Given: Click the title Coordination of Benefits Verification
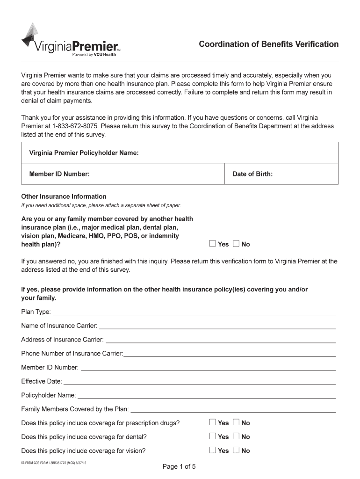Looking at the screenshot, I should point(268,44).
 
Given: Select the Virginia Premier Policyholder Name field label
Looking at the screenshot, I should point(84,153).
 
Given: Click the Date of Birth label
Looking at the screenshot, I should point(252,174).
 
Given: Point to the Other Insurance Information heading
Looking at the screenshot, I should point(64,196).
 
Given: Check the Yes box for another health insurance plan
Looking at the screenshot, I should point(213,243).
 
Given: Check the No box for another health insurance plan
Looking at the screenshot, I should point(236,243).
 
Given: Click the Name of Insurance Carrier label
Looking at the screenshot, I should point(59,325).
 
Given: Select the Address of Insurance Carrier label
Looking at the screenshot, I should point(62,339).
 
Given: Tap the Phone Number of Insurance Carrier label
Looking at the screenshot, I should point(72,353).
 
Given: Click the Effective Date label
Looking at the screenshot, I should point(41,381).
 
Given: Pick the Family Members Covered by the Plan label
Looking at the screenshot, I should point(75,409).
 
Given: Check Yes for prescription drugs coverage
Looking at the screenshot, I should point(213,422).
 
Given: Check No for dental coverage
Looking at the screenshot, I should point(236,436).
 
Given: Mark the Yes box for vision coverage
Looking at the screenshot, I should point(213,450).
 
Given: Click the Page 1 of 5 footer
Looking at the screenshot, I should point(179,466).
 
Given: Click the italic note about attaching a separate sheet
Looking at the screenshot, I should point(101,206).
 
